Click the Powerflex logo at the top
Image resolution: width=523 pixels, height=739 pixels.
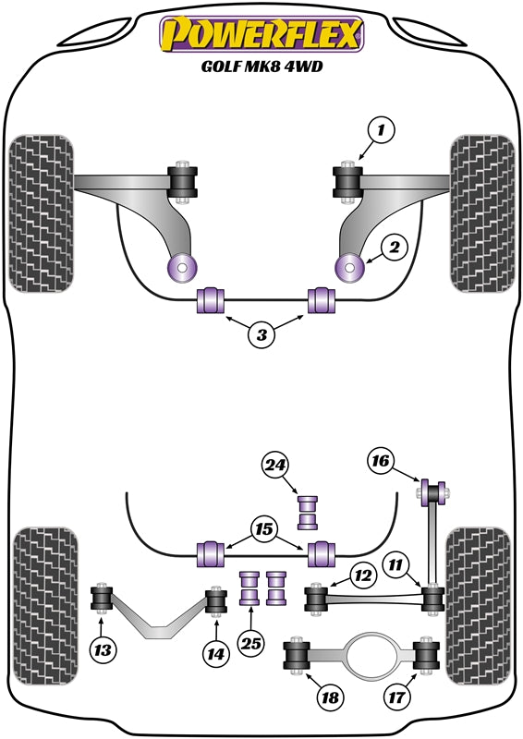(261, 35)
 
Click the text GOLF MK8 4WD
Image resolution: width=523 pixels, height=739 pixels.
(261, 67)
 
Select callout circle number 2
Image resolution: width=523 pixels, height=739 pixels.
(394, 247)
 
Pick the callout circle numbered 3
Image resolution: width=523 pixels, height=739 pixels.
(261, 336)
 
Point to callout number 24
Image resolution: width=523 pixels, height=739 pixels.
(275, 466)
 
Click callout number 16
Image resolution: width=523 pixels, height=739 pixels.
(381, 459)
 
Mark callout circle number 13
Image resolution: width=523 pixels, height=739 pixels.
(103, 651)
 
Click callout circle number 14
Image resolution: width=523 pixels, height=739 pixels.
(215, 654)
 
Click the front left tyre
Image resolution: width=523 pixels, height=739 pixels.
(39, 213)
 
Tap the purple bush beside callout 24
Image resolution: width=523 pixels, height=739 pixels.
(308, 512)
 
